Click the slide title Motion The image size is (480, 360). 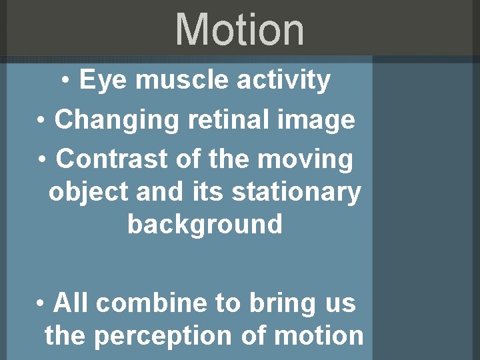[x=239, y=30]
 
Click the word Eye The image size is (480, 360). [x=97, y=81]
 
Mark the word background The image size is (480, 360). [x=205, y=225]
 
